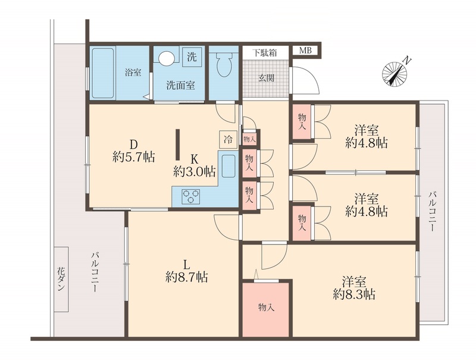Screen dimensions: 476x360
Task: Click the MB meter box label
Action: coord(305,51)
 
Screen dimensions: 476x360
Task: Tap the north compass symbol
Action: coord(395,72)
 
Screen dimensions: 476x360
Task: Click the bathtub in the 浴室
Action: coord(102,73)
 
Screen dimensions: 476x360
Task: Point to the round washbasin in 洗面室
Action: coord(167,57)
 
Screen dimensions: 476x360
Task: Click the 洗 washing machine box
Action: coord(192,57)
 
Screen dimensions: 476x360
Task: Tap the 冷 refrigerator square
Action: coord(228,139)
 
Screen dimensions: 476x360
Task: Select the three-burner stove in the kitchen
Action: coord(190,196)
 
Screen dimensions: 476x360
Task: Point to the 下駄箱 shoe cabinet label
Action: coord(265,53)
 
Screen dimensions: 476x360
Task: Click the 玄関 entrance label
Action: coord(266,78)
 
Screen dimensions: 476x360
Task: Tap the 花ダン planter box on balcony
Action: coord(61,279)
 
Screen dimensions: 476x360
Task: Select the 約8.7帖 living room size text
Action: coord(187,277)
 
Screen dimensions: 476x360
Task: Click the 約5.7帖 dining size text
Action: coord(133,157)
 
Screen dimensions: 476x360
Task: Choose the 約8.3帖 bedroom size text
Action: coord(354,294)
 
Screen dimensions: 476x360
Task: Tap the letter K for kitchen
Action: coord(195,158)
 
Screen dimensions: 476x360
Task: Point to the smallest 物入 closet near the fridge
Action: coord(249,139)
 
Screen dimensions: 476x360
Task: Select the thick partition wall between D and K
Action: coord(178,145)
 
